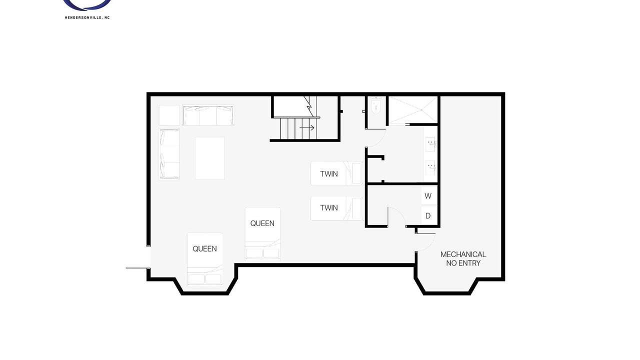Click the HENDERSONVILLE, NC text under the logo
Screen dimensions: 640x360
(x=87, y=17)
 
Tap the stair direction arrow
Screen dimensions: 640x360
(x=307, y=127)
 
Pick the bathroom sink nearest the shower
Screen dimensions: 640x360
(x=430, y=143)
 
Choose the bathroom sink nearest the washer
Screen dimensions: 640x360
(x=430, y=167)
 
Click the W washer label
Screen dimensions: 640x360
(x=427, y=196)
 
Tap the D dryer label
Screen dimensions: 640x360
(x=427, y=215)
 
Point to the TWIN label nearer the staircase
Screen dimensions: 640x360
(x=329, y=174)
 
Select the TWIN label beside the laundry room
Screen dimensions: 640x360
(x=329, y=207)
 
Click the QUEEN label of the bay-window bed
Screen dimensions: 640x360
(x=204, y=249)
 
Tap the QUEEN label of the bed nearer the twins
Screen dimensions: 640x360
(x=262, y=223)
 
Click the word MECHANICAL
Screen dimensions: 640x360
(x=463, y=254)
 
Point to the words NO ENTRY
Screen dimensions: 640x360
(x=463, y=263)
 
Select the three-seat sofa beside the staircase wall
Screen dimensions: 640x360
(x=208, y=115)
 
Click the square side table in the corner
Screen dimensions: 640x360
(x=169, y=115)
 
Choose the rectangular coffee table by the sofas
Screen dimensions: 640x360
(x=209, y=158)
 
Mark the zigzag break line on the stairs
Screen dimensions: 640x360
(x=310, y=106)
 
